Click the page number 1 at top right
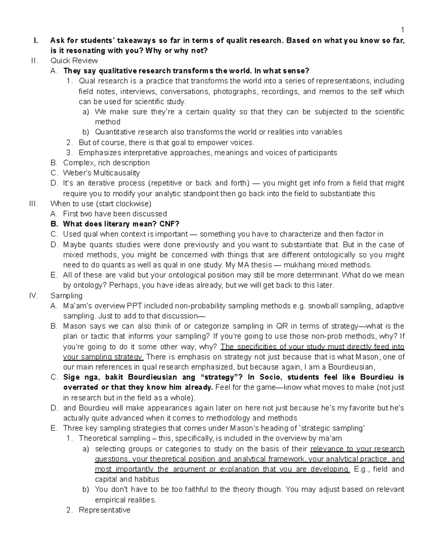(402, 30)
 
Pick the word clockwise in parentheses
(134, 204)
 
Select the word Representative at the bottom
(105, 510)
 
